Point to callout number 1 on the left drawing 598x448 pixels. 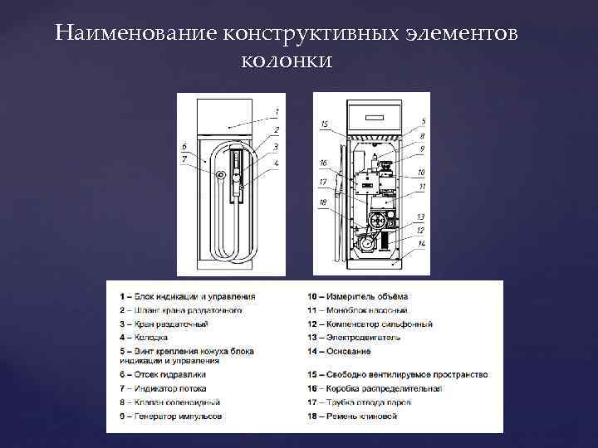click(x=277, y=111)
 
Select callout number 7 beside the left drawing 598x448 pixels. click(x=184, y=158)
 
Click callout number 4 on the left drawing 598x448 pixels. click(x=277, y=163)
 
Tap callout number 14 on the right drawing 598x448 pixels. click(x=422, y=243)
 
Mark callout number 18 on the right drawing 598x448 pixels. click(x=322, y=202)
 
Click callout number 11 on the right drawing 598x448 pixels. click(x=422, y=187)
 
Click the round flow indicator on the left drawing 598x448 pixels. click(x=220, y=175)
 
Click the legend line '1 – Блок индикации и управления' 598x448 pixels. click(x=187, y=296)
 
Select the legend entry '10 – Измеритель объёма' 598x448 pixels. click(x=357, y=296)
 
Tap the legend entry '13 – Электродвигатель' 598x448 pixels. click(x=354, y=338)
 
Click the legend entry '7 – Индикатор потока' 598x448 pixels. click(x=163, y=388)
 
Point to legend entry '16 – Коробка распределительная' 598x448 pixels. click(x=374, y=388)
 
